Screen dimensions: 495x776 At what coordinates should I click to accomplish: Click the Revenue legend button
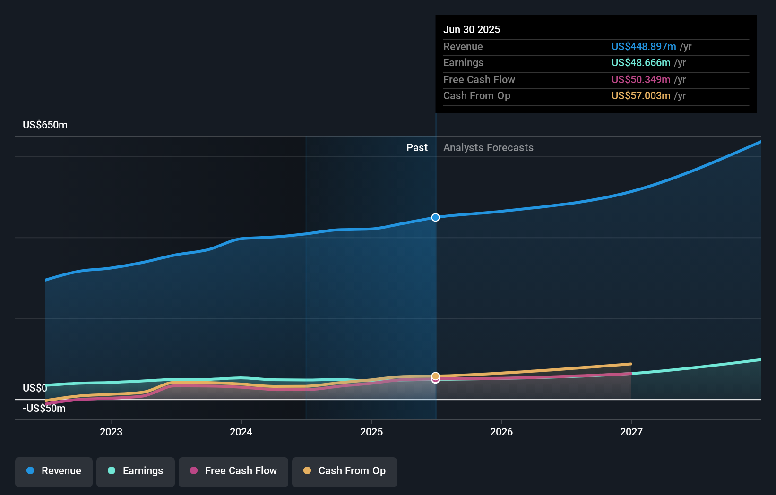tap(54, 471)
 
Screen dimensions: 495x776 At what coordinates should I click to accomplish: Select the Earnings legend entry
tap(136, 471)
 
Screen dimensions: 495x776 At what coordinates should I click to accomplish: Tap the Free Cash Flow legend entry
tap(233, 471)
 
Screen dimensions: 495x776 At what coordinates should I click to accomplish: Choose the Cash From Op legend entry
tap(345, 471)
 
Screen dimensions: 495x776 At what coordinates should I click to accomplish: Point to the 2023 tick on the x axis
tap(111, 432)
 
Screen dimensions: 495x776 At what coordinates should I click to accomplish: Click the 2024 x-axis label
tap(241, 432)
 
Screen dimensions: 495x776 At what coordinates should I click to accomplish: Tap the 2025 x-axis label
tap(371, 432)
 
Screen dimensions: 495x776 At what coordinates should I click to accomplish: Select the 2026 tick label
tap(501, 432)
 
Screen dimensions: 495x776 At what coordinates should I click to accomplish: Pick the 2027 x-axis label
tap(631, 432)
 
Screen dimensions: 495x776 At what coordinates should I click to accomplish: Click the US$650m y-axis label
tap(45, 125)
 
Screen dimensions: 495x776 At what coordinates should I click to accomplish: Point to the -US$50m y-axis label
tap(44, 409)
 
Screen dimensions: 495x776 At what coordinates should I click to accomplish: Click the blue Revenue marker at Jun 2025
tap(435, 217)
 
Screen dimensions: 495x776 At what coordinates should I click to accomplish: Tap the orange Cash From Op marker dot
tap(435, 376)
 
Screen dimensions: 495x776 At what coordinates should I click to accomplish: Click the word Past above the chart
tap(417, 148)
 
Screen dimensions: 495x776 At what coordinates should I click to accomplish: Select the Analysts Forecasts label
tap(488, 148)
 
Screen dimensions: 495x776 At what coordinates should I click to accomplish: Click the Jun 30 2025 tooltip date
tap(472, 29)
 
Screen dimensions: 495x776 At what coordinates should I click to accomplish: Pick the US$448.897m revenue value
tap(644, 46)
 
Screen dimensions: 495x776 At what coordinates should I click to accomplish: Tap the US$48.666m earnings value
tap(641, 63)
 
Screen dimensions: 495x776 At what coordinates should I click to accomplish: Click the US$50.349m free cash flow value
tap(641, 79)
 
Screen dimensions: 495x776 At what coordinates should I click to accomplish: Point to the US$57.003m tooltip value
tap(641, 96)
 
